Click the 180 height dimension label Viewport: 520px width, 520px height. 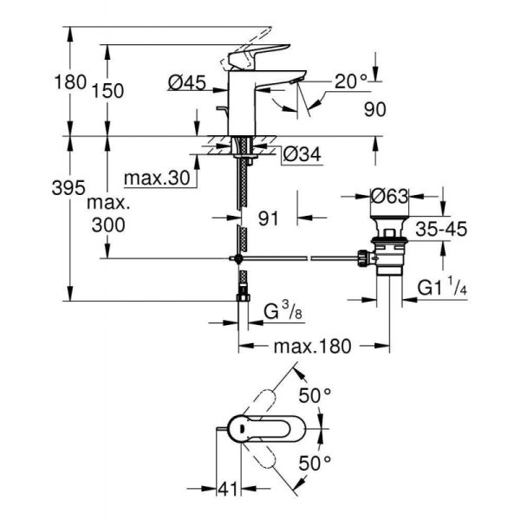(70, 83)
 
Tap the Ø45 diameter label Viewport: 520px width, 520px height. (185, 83)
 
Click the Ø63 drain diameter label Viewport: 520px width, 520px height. (389, 196)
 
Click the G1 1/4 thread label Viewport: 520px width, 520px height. (442, 287)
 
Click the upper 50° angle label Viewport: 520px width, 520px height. (315, 395)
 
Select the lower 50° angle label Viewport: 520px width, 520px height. (315, 463)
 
